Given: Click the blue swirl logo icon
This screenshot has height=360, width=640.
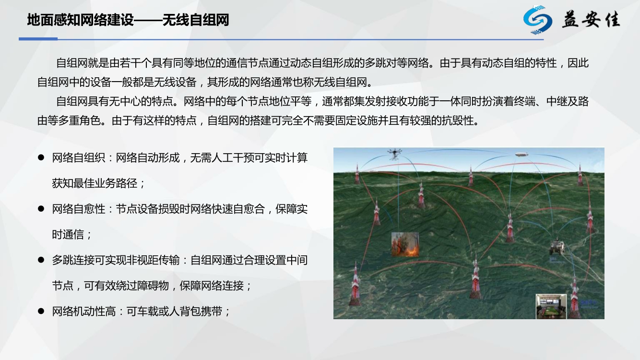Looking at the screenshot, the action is tap(537, 20).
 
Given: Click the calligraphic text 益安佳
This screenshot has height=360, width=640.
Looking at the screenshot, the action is tap(592, 20).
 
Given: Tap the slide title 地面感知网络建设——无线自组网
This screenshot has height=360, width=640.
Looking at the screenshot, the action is tap(128, 20).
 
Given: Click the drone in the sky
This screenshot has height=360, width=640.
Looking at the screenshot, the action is tap(394, 154).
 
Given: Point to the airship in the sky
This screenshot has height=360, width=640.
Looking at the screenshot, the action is tap(521, 155).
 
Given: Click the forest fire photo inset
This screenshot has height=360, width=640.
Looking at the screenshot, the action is tap(405, 244).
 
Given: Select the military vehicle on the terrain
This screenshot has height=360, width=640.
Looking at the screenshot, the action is tap(557, 247).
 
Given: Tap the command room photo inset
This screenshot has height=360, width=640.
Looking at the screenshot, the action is tap(551, 306).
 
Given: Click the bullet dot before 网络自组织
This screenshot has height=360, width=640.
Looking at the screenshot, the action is tap(41, 157).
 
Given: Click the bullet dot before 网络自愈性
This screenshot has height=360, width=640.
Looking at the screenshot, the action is tap(41, 209).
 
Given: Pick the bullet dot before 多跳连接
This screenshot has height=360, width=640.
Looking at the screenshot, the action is tap(41, 260).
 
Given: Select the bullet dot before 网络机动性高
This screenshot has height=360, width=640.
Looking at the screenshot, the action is tap(41, 311).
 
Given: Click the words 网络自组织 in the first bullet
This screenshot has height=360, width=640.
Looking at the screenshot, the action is tap(79, 157).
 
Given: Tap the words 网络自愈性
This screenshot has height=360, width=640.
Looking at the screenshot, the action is tap(79, 209).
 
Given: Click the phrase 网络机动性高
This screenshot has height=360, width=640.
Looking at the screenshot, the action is tap(84, 312).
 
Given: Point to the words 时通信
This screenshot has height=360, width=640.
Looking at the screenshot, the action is tap(68, 234).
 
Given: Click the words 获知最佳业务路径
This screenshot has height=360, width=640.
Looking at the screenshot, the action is tap(95, 183).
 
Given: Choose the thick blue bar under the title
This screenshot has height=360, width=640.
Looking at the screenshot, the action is tap(38, 39).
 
